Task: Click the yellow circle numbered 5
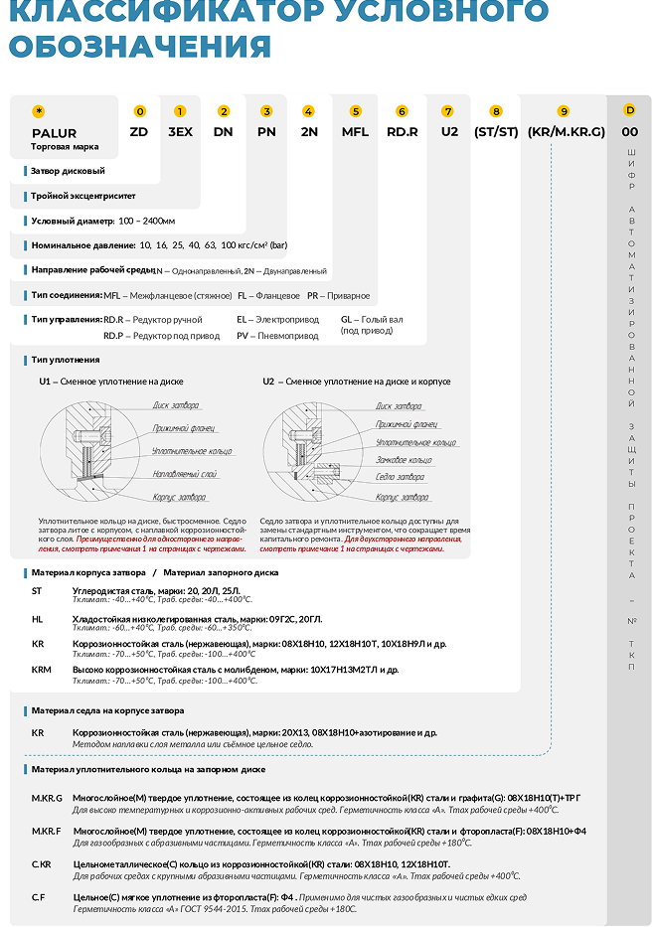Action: click(356, 111)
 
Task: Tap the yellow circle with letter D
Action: click(629, 111)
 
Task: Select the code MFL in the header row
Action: click(355, 131)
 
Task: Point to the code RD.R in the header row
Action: click(403, 131)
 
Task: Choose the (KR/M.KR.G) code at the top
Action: click(566, 131)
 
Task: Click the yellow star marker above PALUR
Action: click(39, 111)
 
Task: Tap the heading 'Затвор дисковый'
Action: click(68, 171)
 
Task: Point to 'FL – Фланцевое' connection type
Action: click(268, 295)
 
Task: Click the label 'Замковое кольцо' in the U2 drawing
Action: click(404, 460)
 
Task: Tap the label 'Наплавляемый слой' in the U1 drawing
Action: click(185, 474)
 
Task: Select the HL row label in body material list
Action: click(38, 618)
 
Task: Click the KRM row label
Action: click(41, 671)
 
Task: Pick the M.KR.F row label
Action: click(47, 831)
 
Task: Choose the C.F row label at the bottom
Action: click(38, 897)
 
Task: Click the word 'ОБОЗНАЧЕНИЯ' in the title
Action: click(139, 47)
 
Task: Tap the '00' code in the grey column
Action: click(629, 131)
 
